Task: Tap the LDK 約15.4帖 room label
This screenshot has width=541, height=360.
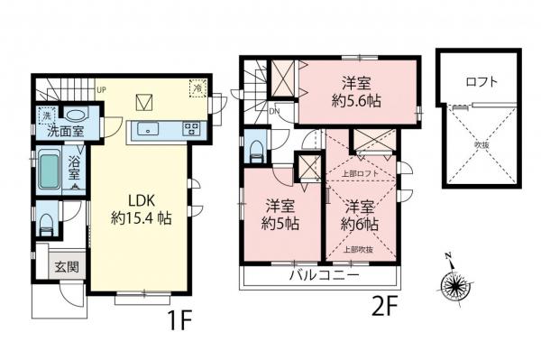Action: pos(138,208)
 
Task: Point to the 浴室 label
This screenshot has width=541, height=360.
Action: pos(76,170)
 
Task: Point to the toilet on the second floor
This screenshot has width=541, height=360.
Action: pos(254,146)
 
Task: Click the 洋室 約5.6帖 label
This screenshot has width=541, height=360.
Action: pos(357,89)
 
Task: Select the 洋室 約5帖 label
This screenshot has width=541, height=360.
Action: pos(268,214)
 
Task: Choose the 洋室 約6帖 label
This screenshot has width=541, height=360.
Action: pos(358,214)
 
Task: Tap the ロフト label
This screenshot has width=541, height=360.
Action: pos(481,81)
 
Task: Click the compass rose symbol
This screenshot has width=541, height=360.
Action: pos(454,286)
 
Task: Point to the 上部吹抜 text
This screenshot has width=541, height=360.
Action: pos(358,249)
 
